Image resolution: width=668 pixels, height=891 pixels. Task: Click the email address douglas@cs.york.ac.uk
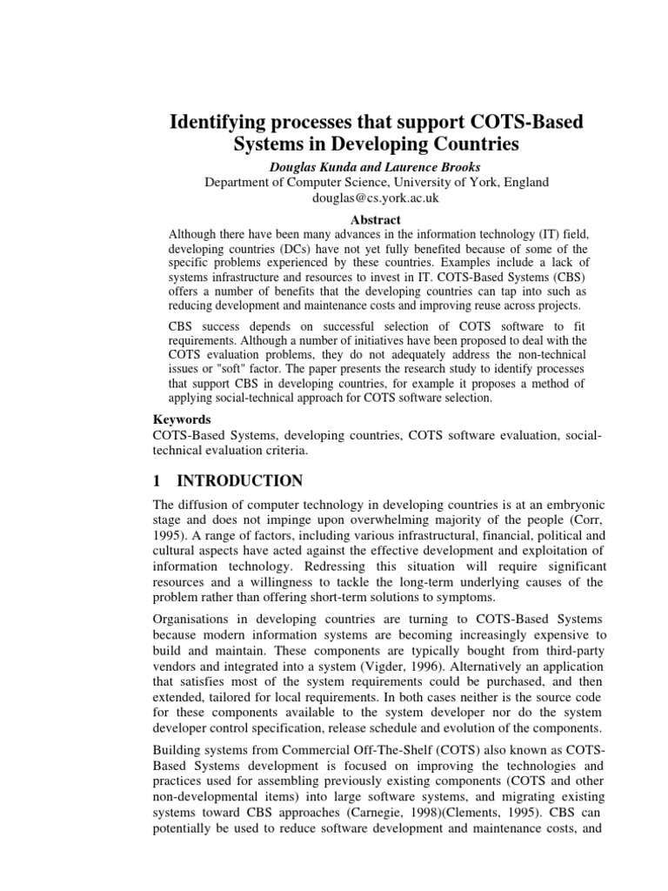pos(376,198)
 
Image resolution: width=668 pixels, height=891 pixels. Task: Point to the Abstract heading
pos(376,219)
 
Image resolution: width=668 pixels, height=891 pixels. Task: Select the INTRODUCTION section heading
pos(240,480)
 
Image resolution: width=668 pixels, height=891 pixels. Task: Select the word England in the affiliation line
pos(524,181)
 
